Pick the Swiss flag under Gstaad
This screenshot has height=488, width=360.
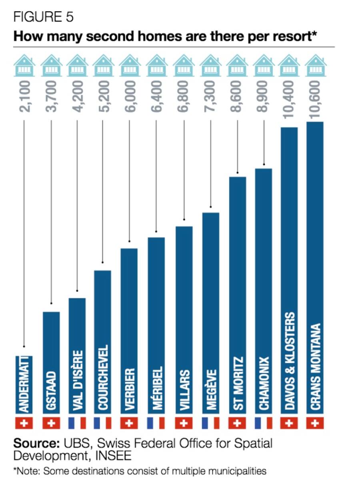tap(51, 423)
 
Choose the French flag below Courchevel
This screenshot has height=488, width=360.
tap(102, 423)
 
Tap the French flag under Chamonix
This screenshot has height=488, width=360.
tap(263, 423)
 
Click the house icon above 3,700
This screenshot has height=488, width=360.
tap(51, 65)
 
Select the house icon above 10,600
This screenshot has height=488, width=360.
tap(315, 65)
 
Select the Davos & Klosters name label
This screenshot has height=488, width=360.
tap(289, 361)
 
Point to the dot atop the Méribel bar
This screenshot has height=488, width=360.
tap(156, 232)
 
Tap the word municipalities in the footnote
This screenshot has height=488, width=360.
tap(239, 471)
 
